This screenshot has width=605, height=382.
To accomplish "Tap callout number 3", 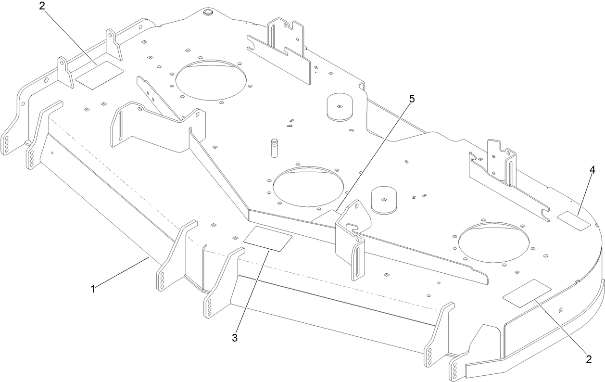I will pyautogui.click(x=235, y=338).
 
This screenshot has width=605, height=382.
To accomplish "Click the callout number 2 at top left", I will pyautogui.click(x=42, y=7).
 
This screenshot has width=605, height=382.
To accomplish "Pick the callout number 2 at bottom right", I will pyautogui.click(x=588, y=358).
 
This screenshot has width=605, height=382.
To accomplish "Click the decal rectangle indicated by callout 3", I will pyautogui.click(x=268, y=239).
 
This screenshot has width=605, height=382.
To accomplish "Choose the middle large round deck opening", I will pyautogui.click(x=308, y=186).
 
